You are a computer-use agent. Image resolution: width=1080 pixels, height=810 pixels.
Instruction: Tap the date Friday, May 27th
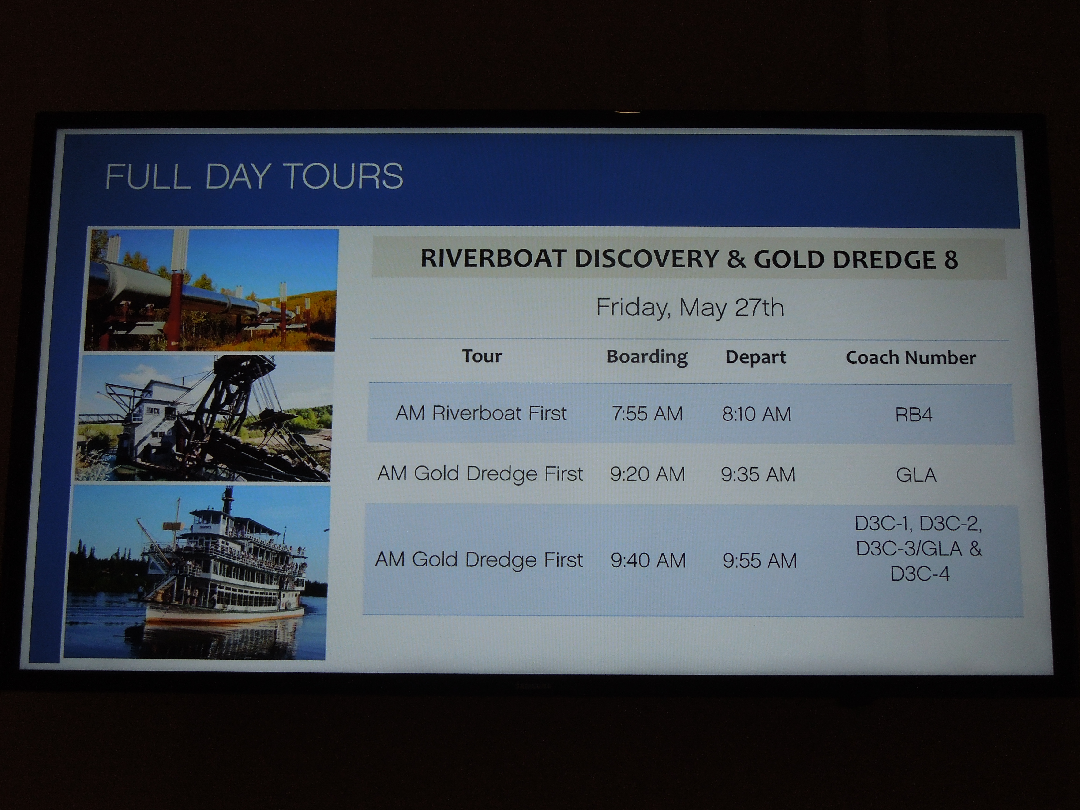pyautogui.click(x=690, y=307)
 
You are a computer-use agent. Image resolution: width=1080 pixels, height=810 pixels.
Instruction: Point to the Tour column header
pyautogui.click(x=482, y=356)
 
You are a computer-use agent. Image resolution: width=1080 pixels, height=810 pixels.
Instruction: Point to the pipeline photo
pyautogui.click(x=210, y=290)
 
